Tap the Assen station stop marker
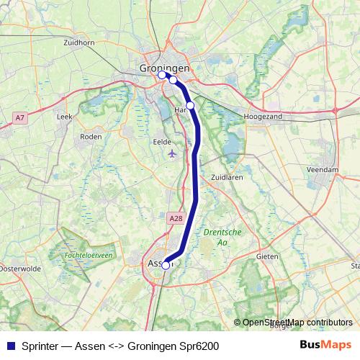coord(166,265)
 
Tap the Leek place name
coord(64,115)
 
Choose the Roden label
coord(91,135)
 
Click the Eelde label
coord(163,142)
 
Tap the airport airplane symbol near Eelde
coord(171,153)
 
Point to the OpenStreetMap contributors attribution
coord(297,323)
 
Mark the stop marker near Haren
coord(190,105)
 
